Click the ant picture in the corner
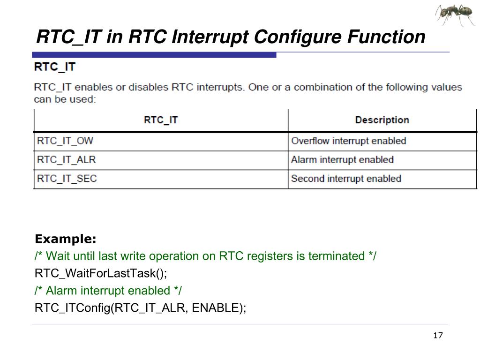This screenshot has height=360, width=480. [455, 15]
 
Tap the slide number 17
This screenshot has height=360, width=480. [438, 335]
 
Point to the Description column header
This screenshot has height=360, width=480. [382, 120]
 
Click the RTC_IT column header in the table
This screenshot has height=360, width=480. [161, 120]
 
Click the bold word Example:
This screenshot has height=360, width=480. [66, 240]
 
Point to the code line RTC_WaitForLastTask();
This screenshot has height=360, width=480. [101, 273]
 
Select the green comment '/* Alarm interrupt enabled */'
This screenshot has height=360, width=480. [108, 291]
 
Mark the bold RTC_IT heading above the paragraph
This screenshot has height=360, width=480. [55, 67]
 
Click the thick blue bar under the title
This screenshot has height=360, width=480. [155, 55]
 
